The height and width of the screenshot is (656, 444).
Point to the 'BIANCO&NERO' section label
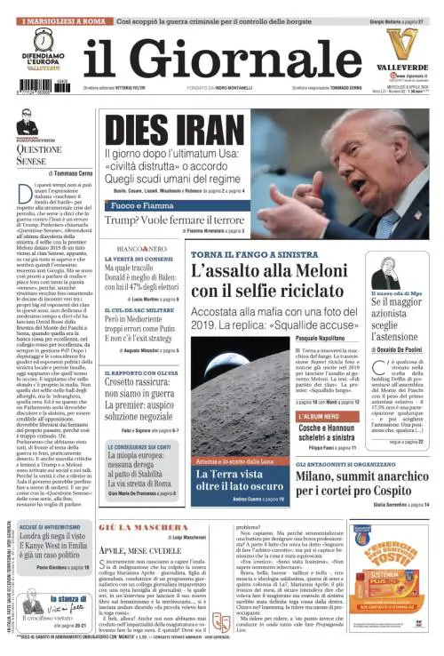[141, 248]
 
